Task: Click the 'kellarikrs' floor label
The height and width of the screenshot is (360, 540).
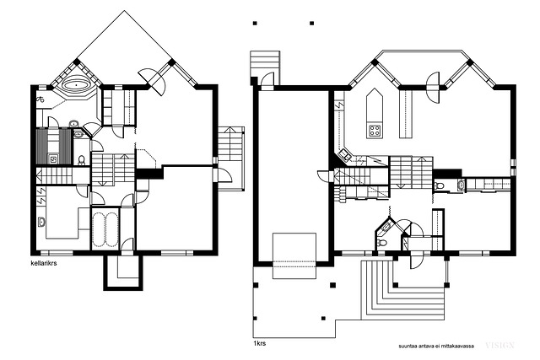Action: pos(44,264)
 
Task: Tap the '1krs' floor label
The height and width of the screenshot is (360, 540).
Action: pos(259,343)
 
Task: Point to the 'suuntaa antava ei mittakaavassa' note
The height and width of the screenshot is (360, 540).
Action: pos(436,346)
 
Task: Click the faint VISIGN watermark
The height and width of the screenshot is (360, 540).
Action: pos(500,345)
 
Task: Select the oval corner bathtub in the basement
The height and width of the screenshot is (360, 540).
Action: pos(76,85)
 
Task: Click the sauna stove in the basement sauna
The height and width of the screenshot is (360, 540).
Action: pos(53,159)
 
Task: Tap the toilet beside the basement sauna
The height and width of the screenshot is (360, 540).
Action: pos(81,160)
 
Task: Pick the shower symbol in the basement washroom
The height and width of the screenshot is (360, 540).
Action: pos(40,99)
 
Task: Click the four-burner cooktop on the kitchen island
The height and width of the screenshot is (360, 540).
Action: pos(375,131)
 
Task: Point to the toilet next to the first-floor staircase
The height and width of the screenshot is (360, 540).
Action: pos(439,185)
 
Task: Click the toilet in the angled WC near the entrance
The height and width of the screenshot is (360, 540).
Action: pos(381,242)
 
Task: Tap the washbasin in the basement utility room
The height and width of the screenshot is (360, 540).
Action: pos(41,222)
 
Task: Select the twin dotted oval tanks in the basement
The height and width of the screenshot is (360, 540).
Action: pos(105,229)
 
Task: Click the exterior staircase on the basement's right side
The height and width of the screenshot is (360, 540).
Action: pos(230,159)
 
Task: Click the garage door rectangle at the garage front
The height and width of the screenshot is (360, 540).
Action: pos(294,255)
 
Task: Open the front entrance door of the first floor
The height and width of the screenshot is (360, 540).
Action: pos(415,261)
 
